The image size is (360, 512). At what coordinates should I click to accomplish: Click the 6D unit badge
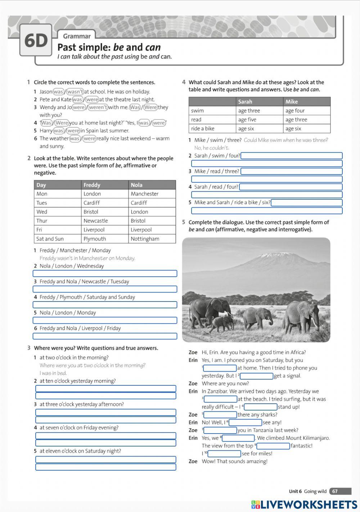pos(36,40)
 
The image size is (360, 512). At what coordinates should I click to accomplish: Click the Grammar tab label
pos(77,36)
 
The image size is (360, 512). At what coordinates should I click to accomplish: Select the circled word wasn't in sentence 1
pos(75,92)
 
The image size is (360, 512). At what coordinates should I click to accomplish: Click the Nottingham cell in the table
pos(145,239)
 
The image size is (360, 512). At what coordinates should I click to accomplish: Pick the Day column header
pos(41,185)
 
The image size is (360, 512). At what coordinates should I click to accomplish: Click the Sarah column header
pos(245,101)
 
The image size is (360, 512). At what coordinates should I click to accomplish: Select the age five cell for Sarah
pos(247,119)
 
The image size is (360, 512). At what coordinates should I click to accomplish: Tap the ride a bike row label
pos(203,128)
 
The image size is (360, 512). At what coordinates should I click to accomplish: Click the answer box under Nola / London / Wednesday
pos(105,274)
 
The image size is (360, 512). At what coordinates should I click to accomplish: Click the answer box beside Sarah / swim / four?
pos(292,156)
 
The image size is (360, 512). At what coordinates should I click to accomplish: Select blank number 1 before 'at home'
pos(220,368)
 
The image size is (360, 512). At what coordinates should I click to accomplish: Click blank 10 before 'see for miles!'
pos(224,454)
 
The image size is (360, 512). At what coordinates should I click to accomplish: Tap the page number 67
pos(335,491)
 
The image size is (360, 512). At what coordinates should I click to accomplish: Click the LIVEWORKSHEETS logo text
pos(309,504)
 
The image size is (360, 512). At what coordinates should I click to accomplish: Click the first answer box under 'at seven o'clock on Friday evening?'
pos(105,436)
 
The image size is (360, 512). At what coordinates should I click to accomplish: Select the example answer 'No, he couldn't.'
pos(212,148)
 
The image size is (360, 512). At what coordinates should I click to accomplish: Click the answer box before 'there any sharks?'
pos(220,415)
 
